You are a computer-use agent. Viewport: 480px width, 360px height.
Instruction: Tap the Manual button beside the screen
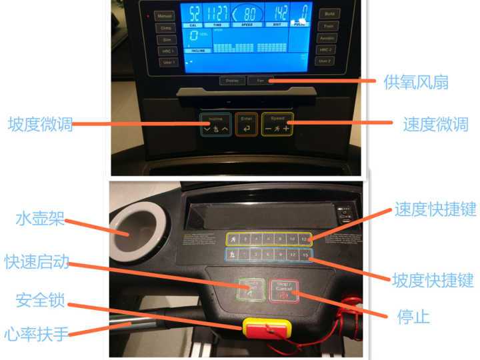pyautogui.click(x=165, y=15)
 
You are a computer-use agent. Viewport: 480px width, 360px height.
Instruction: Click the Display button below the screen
pyautogui.click(x=231, y=81)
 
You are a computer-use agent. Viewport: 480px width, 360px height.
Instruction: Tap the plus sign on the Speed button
pyautogui.click(x=287, y=128)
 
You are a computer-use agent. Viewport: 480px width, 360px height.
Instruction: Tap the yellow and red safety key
pyautogui.click(x=266, y=329)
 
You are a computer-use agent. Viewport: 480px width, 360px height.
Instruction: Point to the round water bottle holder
pyautogui.click(x=137, y=233)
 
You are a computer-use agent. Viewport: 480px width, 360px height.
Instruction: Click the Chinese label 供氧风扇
pyautogui.click(x=415, y=82)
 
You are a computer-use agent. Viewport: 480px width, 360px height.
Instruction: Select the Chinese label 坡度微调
pyautogui.click(x=40, y=125)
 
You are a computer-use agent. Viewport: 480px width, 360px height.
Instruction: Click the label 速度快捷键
pyautogui.click(x=435, y=209)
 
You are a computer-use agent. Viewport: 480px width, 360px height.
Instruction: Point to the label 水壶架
pyautogui.click(x=40, y=218)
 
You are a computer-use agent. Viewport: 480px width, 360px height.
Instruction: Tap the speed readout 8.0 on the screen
pyautogui.click(x=247, y=13)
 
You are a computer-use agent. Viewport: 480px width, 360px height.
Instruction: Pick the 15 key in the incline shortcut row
pyautogui.click(x=305, y=254)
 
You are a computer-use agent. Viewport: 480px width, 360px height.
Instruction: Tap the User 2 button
pyautogui.click(x=325, y=61)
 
